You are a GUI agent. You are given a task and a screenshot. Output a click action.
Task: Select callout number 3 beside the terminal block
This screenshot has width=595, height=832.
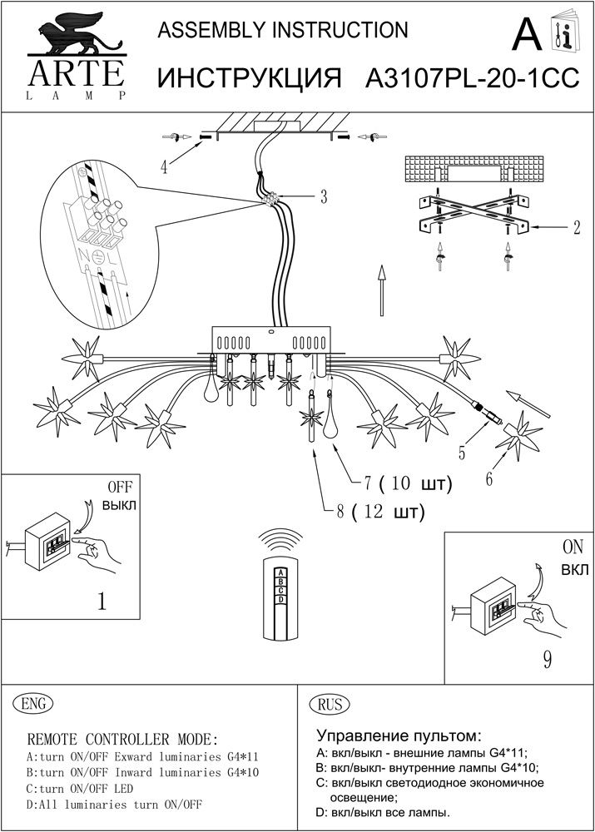pos(324,197)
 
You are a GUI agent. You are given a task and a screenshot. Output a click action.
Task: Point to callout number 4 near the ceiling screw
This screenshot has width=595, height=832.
pos(165,166)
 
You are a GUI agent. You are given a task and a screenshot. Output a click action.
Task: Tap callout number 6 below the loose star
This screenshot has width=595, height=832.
pos(489,478)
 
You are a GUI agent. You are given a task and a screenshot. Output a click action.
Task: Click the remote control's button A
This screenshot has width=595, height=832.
pos(281,572)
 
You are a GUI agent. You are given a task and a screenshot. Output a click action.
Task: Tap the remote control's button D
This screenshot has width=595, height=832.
pos(281,599)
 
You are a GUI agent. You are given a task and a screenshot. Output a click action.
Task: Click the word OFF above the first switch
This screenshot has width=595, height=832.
pos(119,486)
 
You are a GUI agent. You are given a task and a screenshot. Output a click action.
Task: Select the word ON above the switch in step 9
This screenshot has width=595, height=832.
pos(573,547)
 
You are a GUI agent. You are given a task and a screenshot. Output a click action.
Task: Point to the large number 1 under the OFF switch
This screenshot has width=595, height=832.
pos(102,601)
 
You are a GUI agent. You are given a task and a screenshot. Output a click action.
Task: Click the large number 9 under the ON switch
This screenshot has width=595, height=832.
pos(547,659)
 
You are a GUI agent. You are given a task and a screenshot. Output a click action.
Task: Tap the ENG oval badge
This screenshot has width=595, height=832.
pos(33,703)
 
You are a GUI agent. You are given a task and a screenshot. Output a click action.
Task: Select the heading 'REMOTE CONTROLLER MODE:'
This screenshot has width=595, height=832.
pos(123,740)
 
